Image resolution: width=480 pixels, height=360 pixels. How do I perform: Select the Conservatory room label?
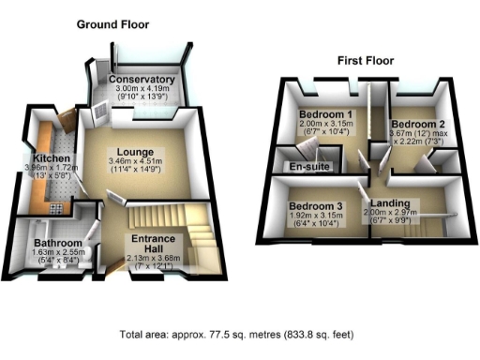click(x=142, y=81)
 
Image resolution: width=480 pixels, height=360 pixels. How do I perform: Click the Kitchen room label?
click(x=47, y=160)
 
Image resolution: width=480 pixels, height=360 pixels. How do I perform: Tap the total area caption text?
click(x=237, y=335)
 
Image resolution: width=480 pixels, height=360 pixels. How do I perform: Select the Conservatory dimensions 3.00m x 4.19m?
click(x=142, y=91)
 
